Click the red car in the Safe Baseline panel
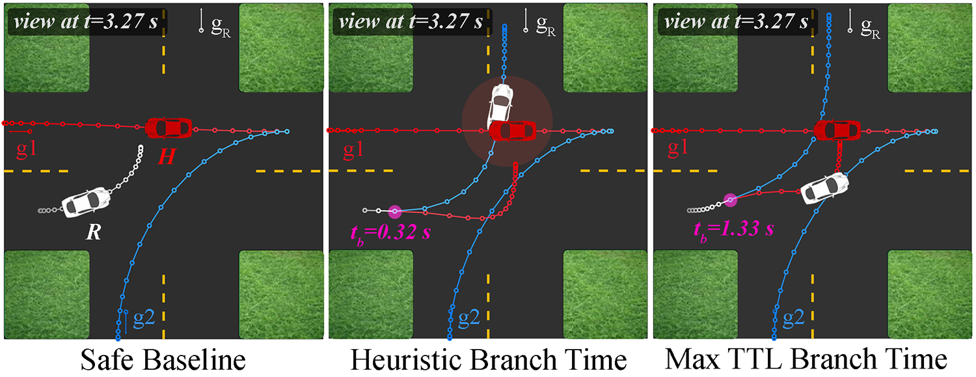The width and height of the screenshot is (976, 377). coord(169,128)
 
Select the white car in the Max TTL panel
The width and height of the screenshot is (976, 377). coord(825,188)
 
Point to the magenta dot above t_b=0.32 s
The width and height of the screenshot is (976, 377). coord(394,211)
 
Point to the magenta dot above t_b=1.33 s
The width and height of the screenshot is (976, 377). coord(731,200)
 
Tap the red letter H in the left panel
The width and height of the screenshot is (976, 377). coord(166,157)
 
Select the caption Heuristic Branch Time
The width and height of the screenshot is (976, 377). coord(489,360)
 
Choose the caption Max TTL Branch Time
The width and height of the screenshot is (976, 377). coord(812,360)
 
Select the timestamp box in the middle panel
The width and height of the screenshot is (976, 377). coord(409,23)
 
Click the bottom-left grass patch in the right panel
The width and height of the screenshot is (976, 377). coord(694,294)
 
